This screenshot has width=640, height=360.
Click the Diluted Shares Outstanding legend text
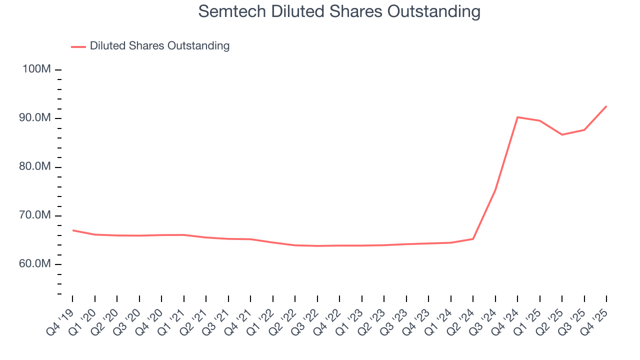(159, 46)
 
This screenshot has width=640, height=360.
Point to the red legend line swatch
(78, 46)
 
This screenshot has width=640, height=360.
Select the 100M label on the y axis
(36, 69)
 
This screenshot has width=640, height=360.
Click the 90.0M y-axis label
(34, 118)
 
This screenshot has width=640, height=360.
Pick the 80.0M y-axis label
(34, 166)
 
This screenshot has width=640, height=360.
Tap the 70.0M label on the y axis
(34, 215)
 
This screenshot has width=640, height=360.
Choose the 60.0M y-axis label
(34, 264)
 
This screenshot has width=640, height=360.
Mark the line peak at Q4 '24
(517, 117)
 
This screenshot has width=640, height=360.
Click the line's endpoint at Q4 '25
(606, 106)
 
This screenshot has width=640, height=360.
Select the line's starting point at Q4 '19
(72, 230)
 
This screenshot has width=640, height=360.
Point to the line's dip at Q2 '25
(562, 134)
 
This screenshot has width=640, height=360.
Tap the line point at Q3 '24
(495, 189)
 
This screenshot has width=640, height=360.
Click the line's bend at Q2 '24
(473, 238)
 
